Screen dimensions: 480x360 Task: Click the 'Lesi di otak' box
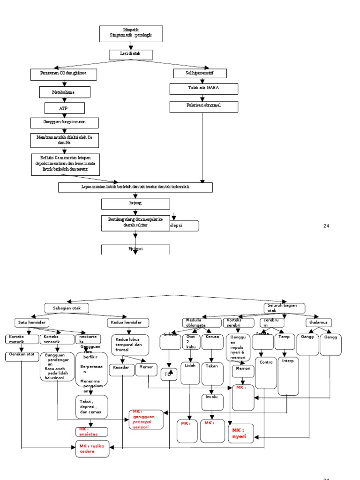(x=131, y=55)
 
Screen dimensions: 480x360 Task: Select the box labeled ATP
(x=65, y=108)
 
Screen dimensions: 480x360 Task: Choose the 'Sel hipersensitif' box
(x=200, y=73)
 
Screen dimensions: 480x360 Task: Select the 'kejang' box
(x=135, y=204)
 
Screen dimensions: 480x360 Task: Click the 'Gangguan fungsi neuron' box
(x=65, y=123)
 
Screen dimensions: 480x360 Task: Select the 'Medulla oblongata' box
(x=202, y=322)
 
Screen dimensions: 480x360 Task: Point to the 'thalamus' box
(x=319, y=322)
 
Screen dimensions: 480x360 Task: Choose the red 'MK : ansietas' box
(x=92, y=432)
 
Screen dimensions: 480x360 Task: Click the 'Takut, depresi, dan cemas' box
(x=91, y=406)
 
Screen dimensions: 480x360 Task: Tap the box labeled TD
(x=169, y=375)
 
